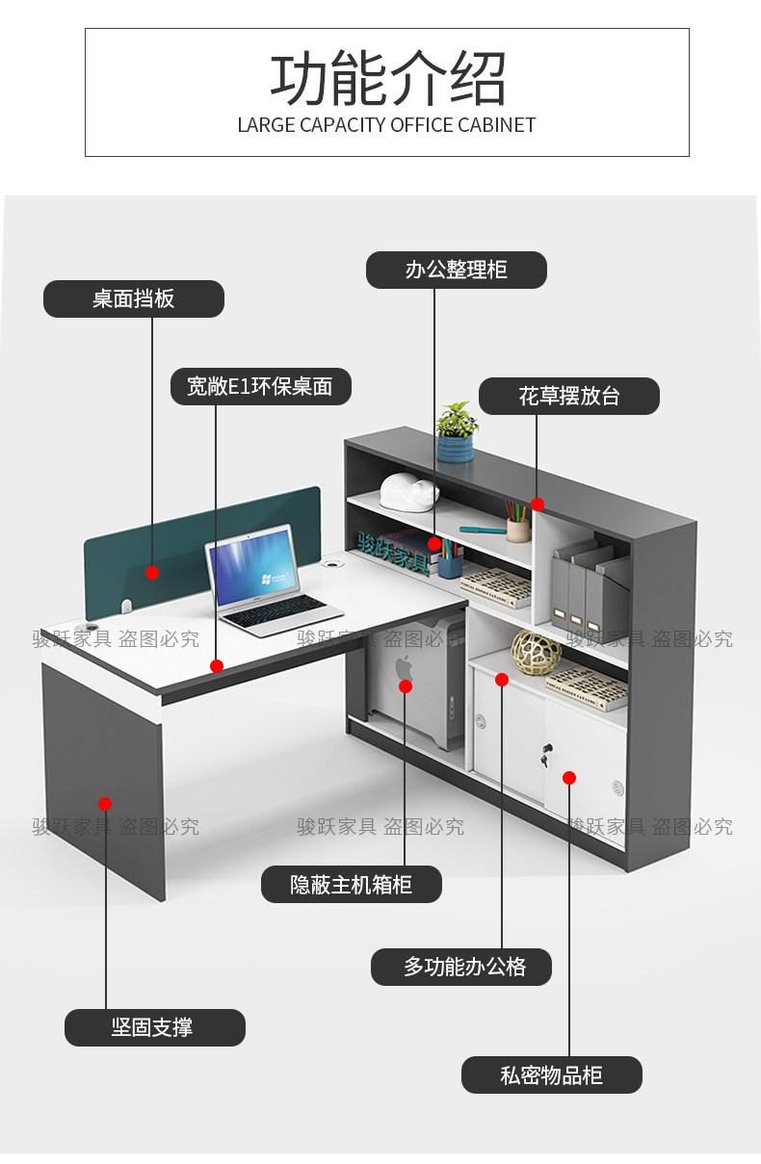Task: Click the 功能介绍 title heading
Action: (387, 79)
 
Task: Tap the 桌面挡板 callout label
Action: (133, 298)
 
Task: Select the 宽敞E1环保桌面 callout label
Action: (260, 386)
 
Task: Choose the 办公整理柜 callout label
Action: (456, 270)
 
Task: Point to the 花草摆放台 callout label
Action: (569, 396)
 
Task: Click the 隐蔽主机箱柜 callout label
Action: (351, 884)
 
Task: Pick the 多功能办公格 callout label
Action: (460, 967)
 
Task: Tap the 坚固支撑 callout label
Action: (154, 1027)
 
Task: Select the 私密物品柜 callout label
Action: (551, 1074)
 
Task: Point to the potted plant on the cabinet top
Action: (456, 432)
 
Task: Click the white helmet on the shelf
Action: (408, 490)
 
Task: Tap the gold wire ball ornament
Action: (536, 652)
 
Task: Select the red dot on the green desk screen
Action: (152, 572)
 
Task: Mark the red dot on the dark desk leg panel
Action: (105, 803)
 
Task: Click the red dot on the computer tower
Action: (406, 686)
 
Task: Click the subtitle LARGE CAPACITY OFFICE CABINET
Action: (386, 125)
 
